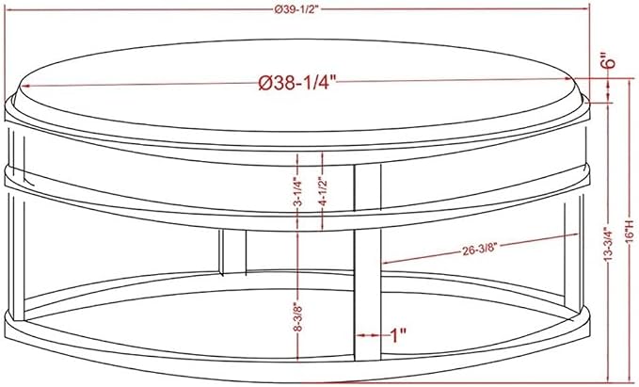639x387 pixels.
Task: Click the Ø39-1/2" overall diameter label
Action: click(296, 10)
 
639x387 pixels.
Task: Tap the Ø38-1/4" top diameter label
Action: click(297, 84)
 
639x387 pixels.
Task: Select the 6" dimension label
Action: click(610, 61)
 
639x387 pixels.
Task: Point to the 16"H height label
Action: click(631, 232)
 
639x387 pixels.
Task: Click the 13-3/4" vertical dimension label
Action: click(609, 244)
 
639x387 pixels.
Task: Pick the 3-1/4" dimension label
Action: click(298, 191)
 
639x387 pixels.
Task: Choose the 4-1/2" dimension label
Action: click(323, 190)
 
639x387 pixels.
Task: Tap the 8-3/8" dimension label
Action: click(298, 317)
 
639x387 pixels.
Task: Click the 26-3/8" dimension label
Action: click(480, 249)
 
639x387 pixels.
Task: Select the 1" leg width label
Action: click(398, 335)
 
